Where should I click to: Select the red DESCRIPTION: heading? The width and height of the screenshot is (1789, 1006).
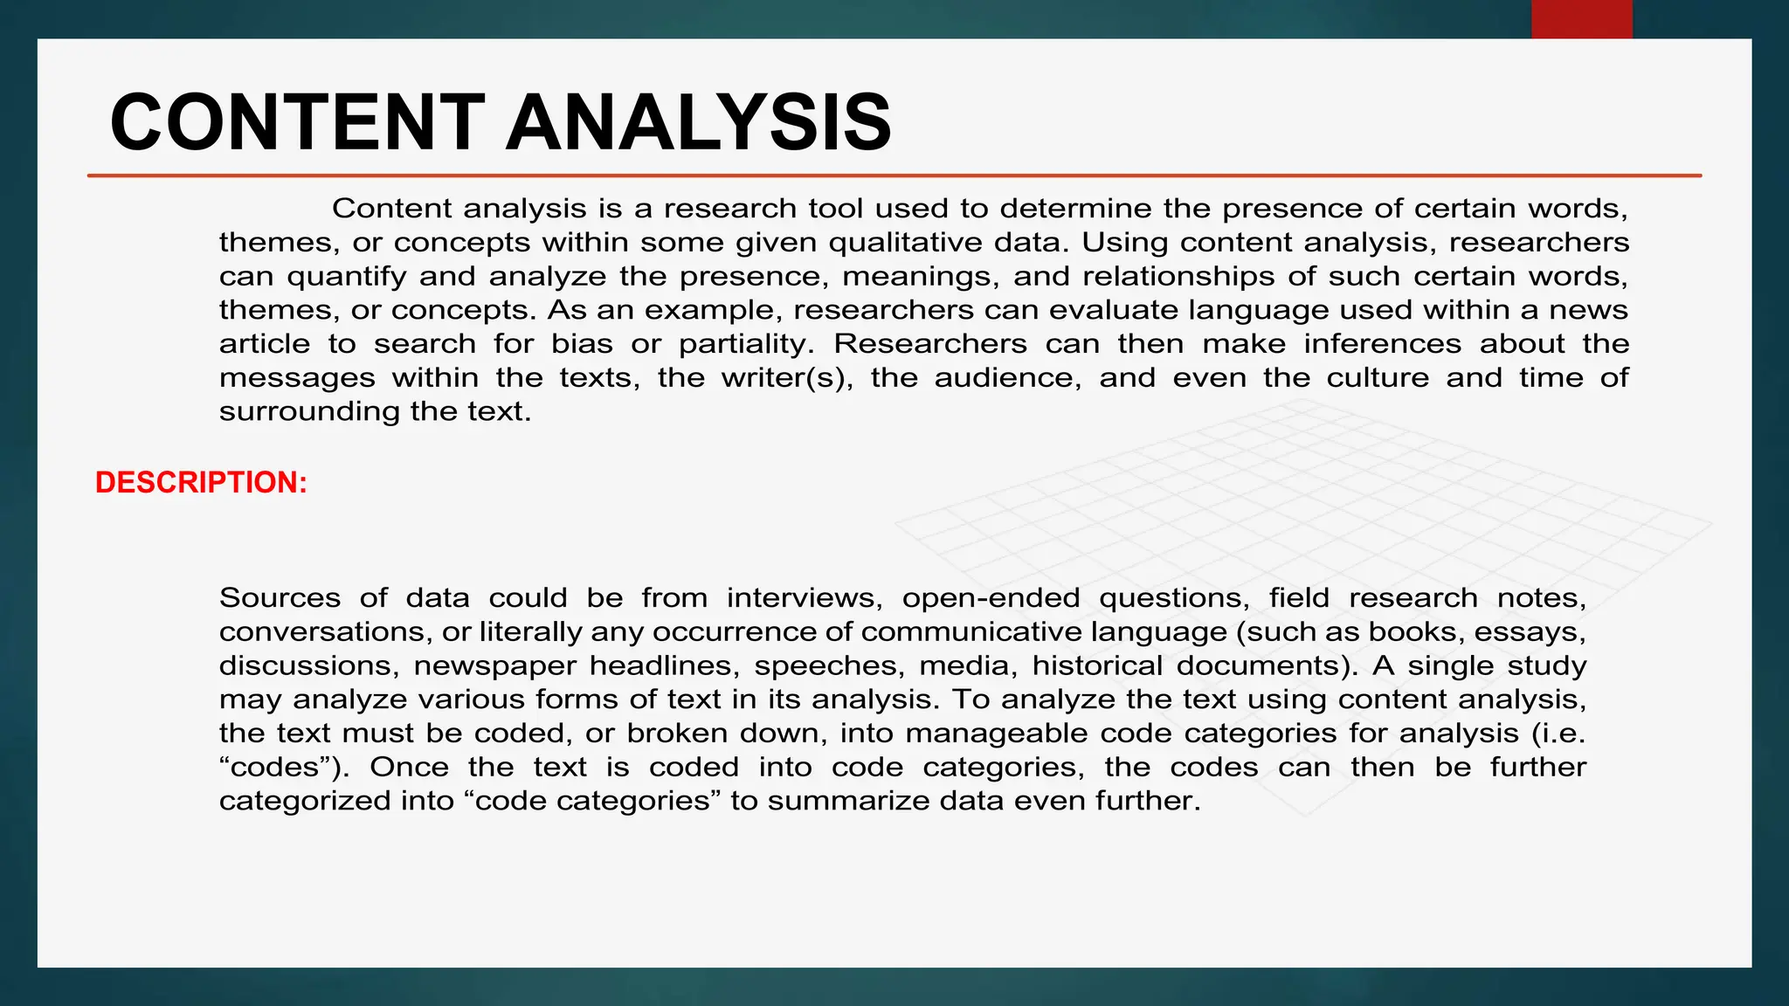tap(201, 483)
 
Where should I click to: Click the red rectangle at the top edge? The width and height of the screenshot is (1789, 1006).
tap(1581, 19)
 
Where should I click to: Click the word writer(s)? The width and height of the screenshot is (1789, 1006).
tap(787, 378)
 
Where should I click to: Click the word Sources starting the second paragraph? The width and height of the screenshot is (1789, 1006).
tap(280, 598)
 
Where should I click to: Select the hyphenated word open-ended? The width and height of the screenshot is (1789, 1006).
tap(991, 598)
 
